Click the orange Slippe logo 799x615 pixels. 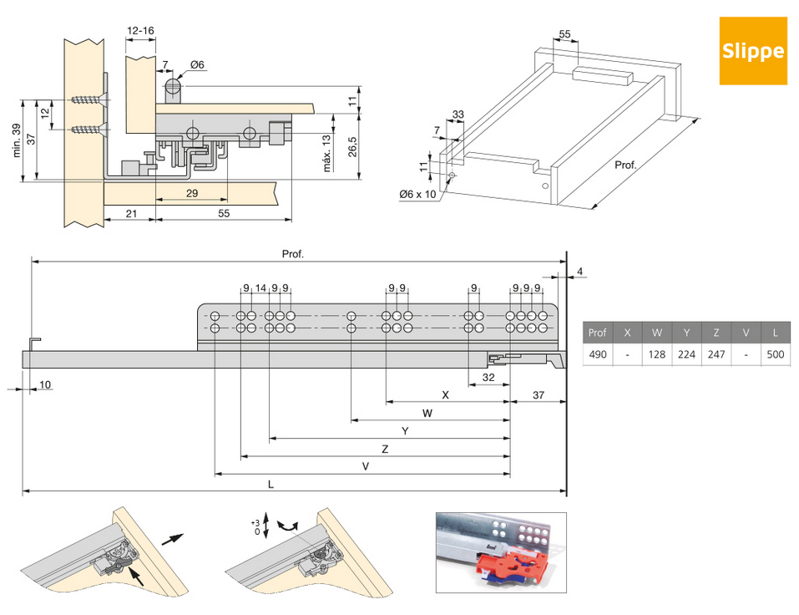[x=753, y=50]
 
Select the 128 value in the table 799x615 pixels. [x=656, y=354]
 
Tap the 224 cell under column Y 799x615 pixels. [x=686, y=354]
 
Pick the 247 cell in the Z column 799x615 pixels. [x=716, y=354]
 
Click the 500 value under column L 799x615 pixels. [x=775, y=354]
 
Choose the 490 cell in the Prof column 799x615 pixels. [x=597, y=354]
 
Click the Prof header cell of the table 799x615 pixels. [x=597, y=332]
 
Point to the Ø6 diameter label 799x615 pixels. [x=198, y=65]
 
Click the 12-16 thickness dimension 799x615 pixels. [x=140, y=31]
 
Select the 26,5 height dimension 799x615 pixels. [x=353, y=145]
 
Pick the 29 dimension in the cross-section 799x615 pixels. [x=192, y=194]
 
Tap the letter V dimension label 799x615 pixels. [x=366, y=467]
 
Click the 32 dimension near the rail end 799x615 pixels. [x=488, y=377]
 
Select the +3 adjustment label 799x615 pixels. [x=255, y=522]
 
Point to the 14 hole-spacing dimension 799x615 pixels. [x=260, y=288]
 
